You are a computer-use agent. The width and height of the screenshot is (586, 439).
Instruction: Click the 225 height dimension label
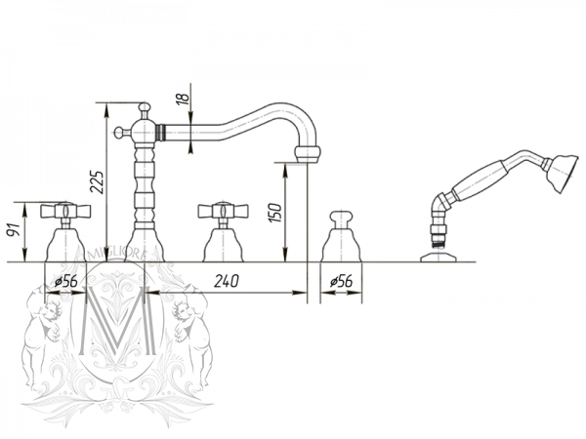(98, 182)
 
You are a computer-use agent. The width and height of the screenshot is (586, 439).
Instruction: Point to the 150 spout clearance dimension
(275, 212)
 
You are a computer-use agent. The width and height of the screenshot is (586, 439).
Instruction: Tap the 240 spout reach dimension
(227, 281)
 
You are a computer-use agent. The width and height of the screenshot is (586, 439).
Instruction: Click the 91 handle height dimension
(15, 230)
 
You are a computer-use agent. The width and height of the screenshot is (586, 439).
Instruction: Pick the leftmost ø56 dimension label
(65, 281)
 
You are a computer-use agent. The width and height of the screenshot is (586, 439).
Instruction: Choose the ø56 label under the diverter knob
(341, 281)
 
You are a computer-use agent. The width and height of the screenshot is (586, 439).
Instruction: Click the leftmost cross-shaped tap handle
(65, 211)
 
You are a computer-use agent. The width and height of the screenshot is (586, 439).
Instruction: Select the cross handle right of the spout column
(223, 211)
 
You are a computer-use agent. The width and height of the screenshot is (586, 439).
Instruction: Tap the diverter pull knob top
(341, 217)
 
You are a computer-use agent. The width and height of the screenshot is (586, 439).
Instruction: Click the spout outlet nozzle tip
(308, 154)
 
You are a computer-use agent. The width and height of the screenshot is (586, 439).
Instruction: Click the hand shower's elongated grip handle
(480, 182)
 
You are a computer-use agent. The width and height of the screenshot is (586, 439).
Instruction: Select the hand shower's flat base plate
(438, 258)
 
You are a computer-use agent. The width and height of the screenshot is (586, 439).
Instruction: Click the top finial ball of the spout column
(144, 107)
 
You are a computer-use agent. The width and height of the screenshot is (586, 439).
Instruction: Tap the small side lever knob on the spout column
(119, 132)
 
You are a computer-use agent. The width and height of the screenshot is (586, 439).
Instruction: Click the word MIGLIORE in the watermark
(115, 255)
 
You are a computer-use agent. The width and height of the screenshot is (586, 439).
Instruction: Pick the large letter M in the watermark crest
(118, 320)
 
